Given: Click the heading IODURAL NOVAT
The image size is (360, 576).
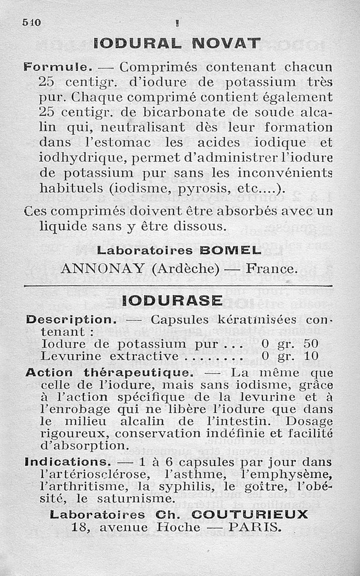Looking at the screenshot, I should tap(177, 43).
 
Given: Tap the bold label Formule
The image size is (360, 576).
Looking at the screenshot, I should tap(58, 67).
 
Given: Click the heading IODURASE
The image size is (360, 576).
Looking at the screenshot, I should tap(172, 301).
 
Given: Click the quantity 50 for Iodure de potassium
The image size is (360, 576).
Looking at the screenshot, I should tap(310, 344).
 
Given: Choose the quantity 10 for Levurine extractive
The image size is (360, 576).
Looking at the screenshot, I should tap(310, 356).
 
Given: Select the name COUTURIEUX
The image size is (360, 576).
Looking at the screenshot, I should tap(250, 514).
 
